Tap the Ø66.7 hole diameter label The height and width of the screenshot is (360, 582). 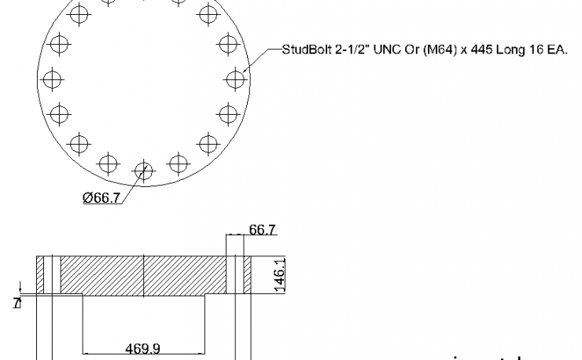coord(101,198)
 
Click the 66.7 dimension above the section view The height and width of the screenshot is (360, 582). coord(262,230)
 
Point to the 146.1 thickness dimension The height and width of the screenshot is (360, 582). coord(278,275)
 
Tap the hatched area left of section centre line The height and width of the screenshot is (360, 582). coord(102,275)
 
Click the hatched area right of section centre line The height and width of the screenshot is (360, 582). coord(185,275)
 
